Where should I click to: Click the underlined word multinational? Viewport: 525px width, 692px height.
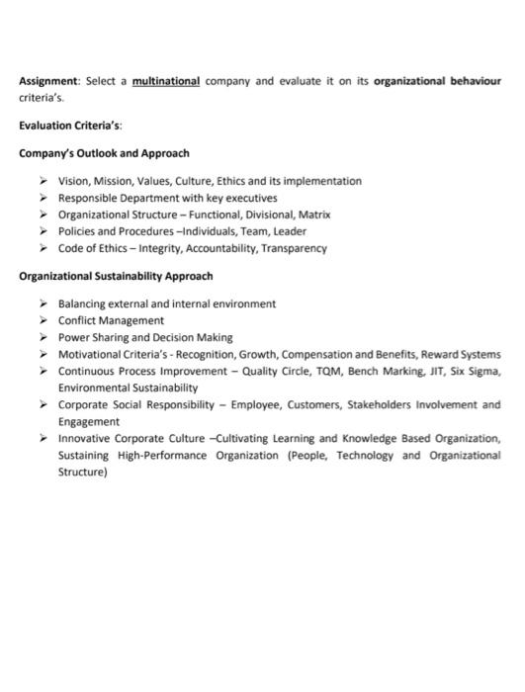[167, 82]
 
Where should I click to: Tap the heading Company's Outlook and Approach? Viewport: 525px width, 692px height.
[104, 153]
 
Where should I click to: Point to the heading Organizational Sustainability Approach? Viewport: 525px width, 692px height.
[116, 276]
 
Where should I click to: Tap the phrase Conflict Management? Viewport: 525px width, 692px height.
[111, 320]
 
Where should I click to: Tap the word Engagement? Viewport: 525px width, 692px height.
[88, 421]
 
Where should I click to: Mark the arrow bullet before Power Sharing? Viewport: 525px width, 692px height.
[44, 337]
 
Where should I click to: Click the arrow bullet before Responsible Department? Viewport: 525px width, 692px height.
[44, 198]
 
